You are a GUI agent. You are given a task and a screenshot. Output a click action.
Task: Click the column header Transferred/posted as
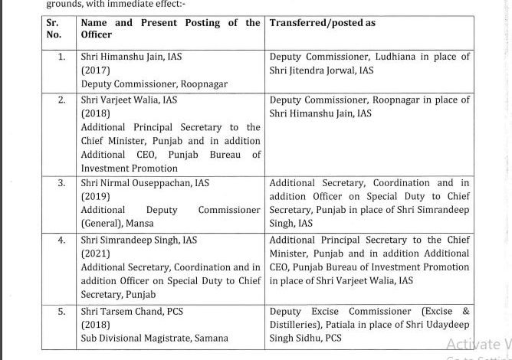pos(323,23)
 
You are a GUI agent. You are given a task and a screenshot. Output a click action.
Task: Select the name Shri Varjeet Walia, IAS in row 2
pos(129,100)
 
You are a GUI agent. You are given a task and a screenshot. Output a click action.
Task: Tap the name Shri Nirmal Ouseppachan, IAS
pos(144,183)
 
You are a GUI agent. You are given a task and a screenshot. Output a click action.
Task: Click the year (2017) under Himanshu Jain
pos(97,70)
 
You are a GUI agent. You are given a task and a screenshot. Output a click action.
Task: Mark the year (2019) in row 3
pos(97,196)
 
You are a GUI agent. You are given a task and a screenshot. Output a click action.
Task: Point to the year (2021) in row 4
pos(97,254)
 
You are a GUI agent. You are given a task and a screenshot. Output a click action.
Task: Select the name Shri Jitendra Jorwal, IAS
pos(321,70)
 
